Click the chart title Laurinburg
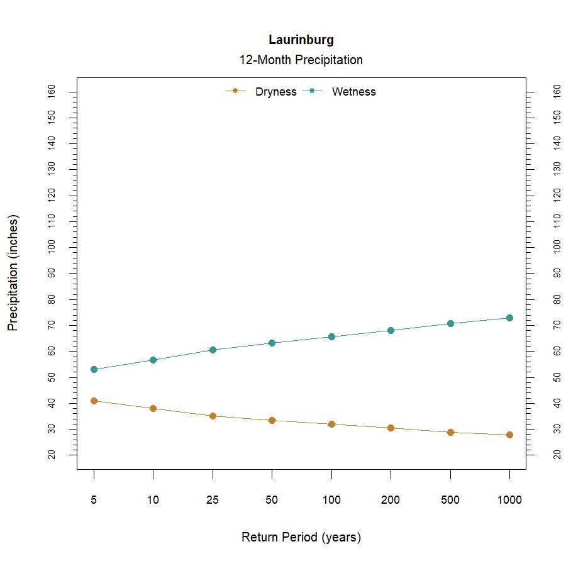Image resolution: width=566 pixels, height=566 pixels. coord(301,40)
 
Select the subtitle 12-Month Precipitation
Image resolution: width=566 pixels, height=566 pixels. coord(301,60)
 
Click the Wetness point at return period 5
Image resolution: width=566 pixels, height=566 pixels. coord(94,369)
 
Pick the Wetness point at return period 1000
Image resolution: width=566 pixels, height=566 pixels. coord(509,318)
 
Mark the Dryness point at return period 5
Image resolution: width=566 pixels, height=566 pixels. coord(94,401)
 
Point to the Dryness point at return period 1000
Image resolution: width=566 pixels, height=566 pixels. coord(509,435)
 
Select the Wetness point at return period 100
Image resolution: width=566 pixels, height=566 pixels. coord(331,336)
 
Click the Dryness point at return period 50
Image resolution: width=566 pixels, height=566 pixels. coord(272,420)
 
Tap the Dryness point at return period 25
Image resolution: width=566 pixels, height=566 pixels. coord(213,416)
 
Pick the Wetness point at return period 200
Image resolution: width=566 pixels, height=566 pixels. coord(391,330)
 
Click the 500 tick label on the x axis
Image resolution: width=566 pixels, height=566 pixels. coord(450,501)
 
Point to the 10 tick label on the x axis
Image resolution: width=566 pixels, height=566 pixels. coord(153,501)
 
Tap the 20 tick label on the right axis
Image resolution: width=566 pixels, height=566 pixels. coord(557,454)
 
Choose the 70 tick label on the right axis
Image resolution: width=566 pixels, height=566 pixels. coord(557,325)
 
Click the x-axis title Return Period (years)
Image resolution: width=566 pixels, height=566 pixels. coord(301,538)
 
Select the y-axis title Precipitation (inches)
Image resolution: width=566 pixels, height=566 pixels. coord(13,273)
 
